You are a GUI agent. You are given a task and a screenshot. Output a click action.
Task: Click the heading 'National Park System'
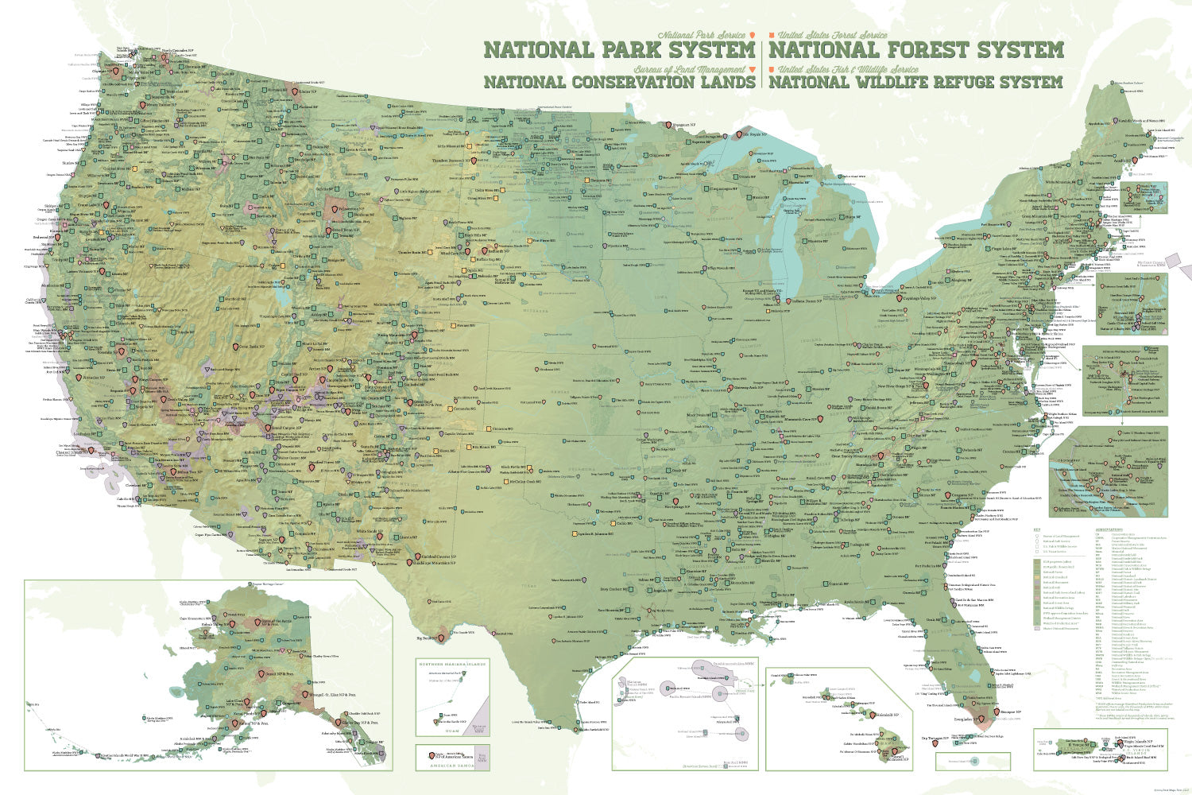(619, 50)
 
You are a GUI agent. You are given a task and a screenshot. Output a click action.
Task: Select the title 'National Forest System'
(915, 50)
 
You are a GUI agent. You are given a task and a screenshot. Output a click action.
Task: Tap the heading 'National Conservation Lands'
(619, 82)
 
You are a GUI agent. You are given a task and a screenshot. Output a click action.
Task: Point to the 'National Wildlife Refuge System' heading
(915, 82)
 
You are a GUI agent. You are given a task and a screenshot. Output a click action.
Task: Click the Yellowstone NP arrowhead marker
(329, 210)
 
